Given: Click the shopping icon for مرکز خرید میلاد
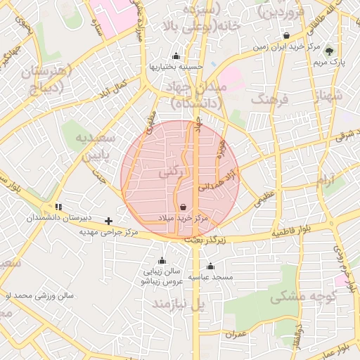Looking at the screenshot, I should pos(184,207).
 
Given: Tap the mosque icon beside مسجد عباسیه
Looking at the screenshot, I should pos(210,266).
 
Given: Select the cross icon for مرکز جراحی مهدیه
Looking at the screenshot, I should pos(108,221).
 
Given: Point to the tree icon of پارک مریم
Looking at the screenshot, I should pos(328,49).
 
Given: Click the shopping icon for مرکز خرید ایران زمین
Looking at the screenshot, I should pos(286,36).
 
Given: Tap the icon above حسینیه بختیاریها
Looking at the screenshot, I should pos(175,56).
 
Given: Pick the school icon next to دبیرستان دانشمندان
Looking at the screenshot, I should pos(59,207).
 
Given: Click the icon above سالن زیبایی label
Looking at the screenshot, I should pos(162,260).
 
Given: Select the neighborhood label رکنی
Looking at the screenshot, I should pos(167,171).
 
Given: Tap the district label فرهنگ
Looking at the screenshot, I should pos(274,100).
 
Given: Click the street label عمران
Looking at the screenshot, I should pos(237,335).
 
